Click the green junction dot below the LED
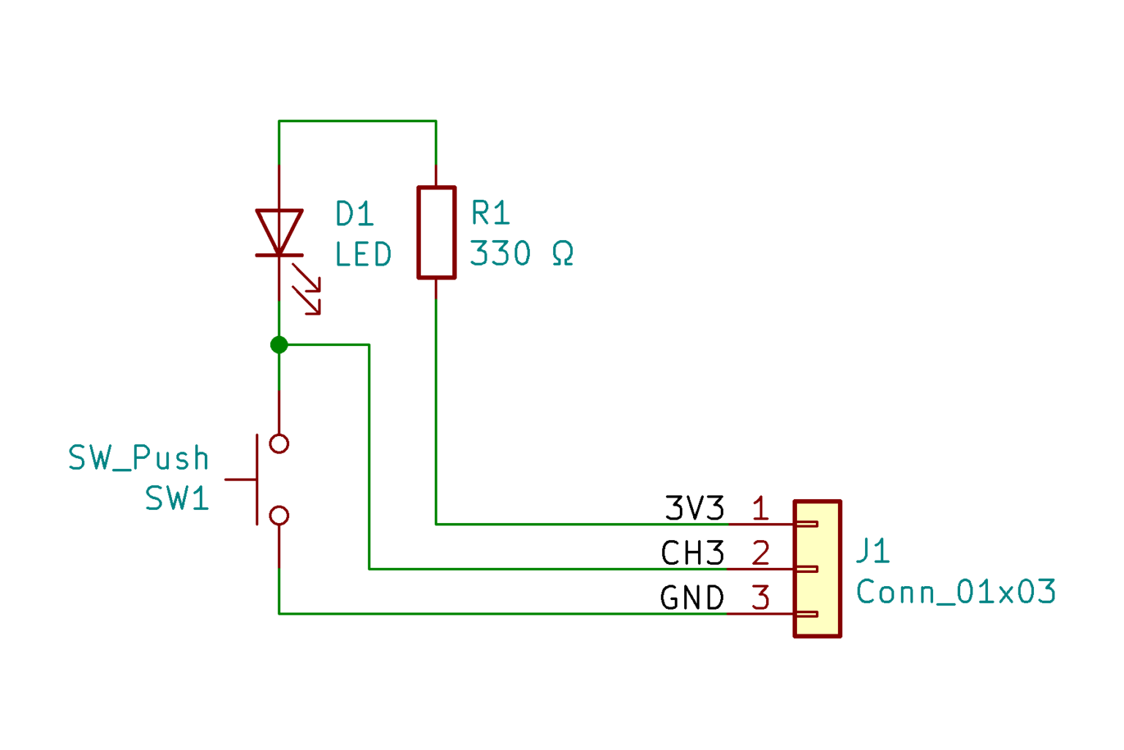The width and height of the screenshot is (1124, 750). point(279,345)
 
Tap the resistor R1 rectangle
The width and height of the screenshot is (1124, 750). point(436,233)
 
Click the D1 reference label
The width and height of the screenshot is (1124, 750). point(355,214)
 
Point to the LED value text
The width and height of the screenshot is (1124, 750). point(364,255)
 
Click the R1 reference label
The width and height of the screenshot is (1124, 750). point(490,214)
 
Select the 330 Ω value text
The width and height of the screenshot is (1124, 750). point(522,254)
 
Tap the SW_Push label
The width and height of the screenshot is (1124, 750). point(139,459)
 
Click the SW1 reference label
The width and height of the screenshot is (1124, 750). point(177,499)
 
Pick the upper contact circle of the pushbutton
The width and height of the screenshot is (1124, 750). point(279,443)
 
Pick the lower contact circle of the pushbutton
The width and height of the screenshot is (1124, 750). point(279,516)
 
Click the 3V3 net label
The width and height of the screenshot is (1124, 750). point(694,509)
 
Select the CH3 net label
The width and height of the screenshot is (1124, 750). point(692,554)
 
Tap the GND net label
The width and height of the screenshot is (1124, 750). point(692,599)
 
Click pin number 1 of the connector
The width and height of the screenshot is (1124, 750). point(760,509)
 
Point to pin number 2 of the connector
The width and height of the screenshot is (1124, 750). point(760,554)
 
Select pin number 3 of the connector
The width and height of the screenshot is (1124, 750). point(760,599)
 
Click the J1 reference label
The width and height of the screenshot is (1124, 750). point(872,551)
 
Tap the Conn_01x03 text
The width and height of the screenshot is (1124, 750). point(956,592)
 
